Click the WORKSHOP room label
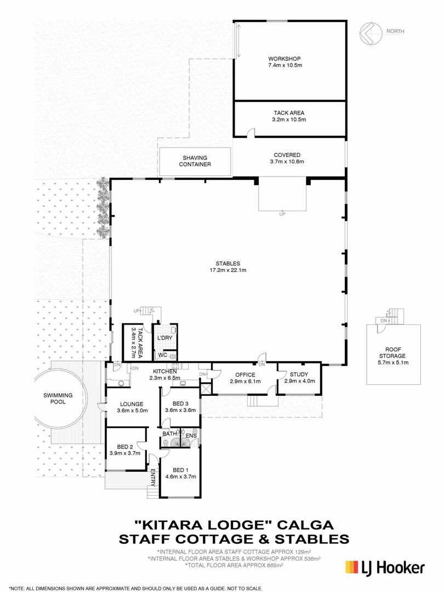[284, 58]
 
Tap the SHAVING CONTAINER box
[195, 161]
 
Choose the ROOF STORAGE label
[394, 351]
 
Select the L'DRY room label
[165, 338]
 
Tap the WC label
[163, 355]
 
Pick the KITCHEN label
[164, 371]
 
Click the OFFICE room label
[245, 374]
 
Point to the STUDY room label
[299, 374]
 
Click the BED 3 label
[180, 403]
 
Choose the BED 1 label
[180, 470]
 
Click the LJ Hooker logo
[383, 566]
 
